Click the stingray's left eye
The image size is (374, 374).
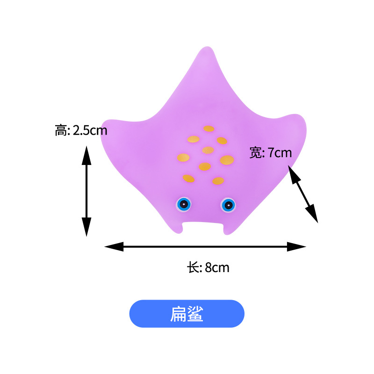click(184, 203)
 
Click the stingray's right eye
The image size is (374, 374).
click(228, 204)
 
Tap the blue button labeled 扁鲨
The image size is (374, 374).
click(187, 314)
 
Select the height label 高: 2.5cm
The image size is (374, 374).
click(81, 130)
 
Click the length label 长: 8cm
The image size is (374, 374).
click(208, 268)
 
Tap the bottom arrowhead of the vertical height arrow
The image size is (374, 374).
click(86, 228)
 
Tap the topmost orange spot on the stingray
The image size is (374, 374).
click(209, 129)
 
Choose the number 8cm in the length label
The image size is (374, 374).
click(217, 268)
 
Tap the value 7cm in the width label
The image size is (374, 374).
click(280, 152)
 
